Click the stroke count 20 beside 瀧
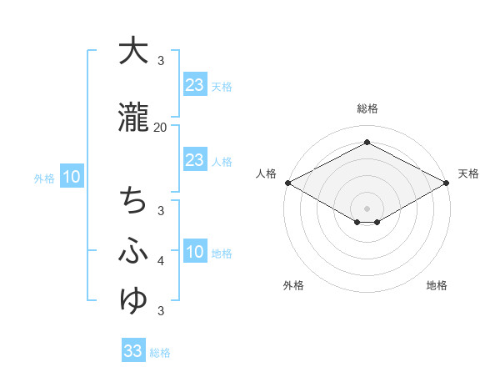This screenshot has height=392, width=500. click(161, 128)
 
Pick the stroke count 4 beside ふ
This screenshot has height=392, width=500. click(161, 261)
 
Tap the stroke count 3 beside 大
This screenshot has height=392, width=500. click(161, 61)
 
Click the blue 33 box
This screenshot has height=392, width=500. click(133, 351)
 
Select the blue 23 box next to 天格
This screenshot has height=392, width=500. click(195, 85)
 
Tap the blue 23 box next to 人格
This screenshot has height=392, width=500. click(195, 160)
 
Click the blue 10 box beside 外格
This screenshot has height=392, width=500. click(71, 177)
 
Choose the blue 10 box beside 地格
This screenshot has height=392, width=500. click(195, 253)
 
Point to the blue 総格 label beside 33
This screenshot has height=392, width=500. click(160, 353)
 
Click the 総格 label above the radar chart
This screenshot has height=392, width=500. click(367, 108)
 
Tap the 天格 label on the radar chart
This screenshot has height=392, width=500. click(468, 173)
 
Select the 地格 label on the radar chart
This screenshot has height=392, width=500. click(437, 285)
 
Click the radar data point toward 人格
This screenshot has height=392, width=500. click(287, 183)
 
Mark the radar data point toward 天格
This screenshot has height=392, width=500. click(447, 183)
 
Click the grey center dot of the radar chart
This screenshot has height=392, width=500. click(367, 208)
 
